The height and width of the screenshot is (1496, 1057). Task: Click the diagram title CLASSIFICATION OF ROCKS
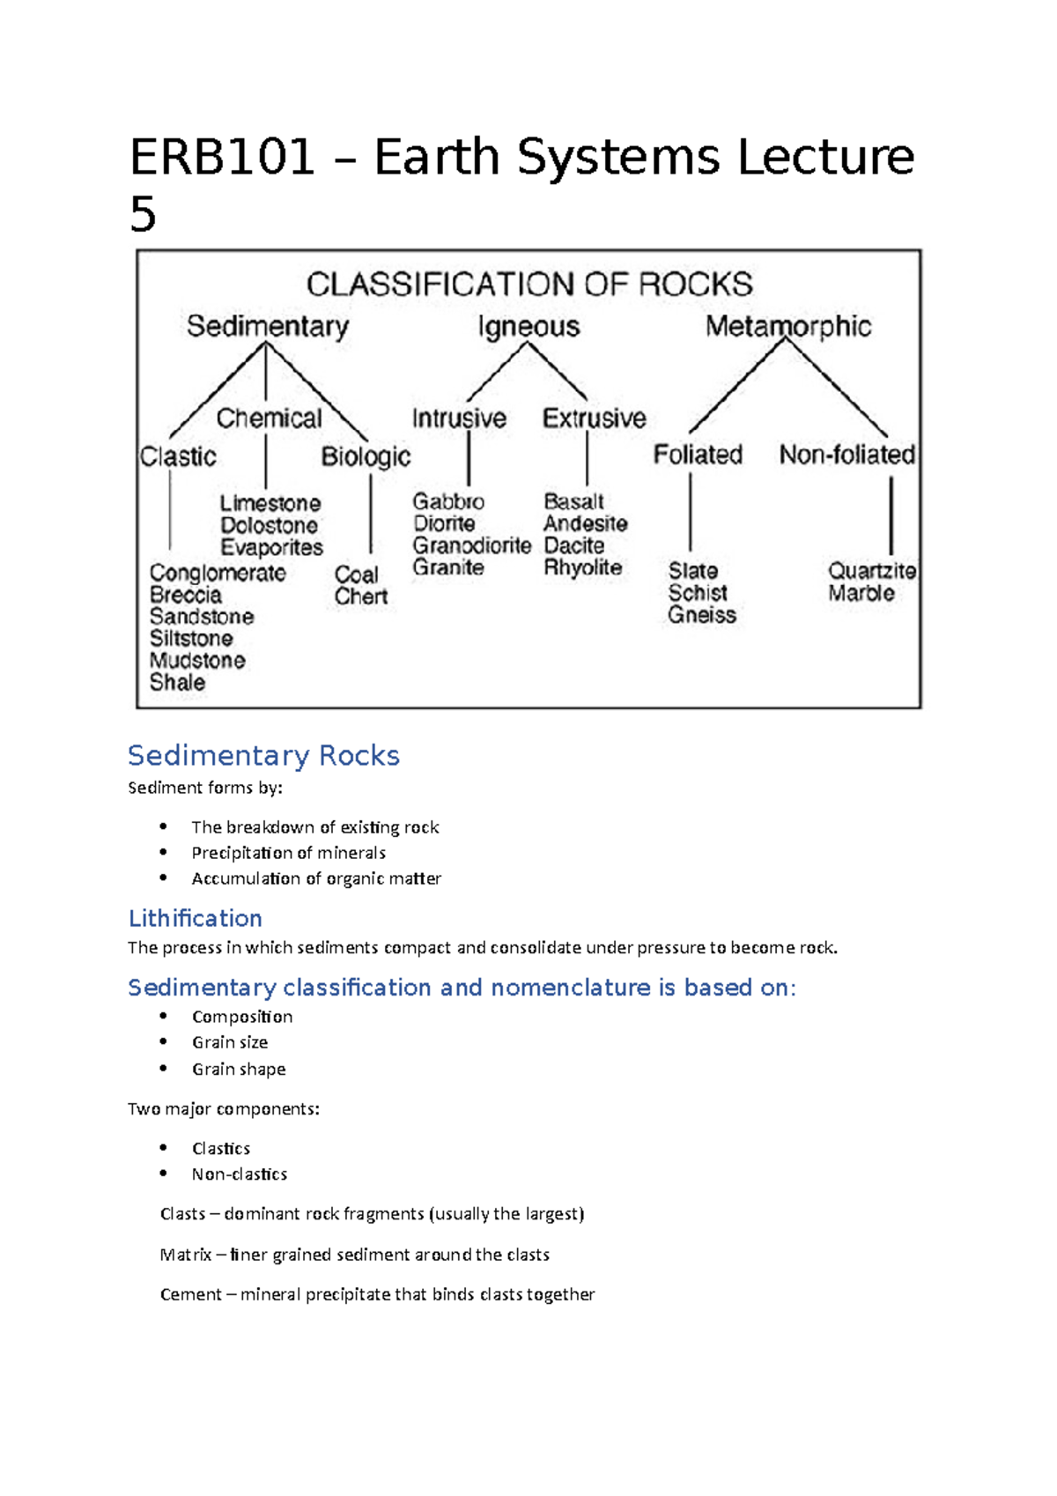coord(529,285)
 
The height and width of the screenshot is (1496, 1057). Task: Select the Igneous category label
coord(528,327)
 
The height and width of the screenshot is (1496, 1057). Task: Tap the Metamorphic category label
coord(787,327)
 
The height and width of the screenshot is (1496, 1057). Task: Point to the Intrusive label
coord(459,418)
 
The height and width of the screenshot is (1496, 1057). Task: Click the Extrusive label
coord(594,418)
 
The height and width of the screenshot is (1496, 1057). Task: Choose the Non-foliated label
coord(846,455)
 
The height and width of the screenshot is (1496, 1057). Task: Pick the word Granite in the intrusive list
coord(448,567)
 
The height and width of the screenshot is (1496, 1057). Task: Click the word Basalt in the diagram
coord(573,501)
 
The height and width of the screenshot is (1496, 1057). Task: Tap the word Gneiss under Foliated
coord(701,615)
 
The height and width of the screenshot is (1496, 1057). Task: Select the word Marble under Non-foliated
coord(861,593)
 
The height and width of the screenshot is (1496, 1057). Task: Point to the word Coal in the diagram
coord(356,574)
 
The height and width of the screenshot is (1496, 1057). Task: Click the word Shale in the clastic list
coord(177,683)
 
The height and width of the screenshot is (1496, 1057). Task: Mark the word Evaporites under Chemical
coord(271,548)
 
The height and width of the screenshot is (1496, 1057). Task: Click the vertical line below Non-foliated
coord(891,515)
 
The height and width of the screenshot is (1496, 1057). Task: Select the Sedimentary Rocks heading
coord(263,756)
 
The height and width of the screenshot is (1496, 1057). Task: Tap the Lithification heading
coord(195,919)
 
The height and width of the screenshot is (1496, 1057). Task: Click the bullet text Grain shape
coord(239,1069)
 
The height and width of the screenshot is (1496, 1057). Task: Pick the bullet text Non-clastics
coord(240,1174)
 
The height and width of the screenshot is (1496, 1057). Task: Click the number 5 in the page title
coord(143,214)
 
